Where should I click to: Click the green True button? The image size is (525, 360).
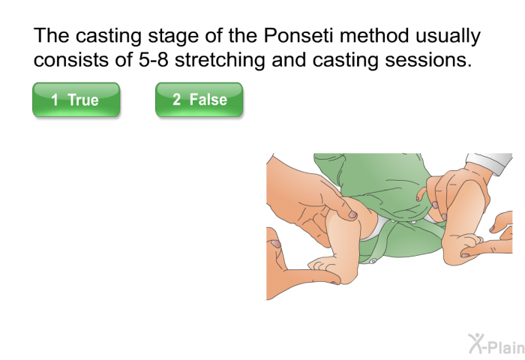pos(76,100)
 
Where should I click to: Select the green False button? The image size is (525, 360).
pos(199,100)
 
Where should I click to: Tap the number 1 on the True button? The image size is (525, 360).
pos(55,100)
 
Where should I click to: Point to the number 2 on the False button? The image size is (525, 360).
pos(176,99)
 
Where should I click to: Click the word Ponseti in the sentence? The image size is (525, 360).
pos(298,35)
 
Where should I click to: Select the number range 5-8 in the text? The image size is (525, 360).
pos(153,60)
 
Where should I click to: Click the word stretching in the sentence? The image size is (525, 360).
pos(220,61)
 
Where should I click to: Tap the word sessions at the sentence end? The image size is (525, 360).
pos(428,60)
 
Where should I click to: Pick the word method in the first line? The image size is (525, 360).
pos(374,35)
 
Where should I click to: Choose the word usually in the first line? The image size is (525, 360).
pos(448,37)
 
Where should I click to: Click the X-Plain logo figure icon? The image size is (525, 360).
pos(475,343)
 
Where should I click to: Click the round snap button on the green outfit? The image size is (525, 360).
pos(373,261)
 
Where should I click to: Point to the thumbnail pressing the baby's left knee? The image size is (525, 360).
pos(352,214)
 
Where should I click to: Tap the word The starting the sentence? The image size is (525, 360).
pos(51,35)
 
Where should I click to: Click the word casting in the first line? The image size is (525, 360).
pos(108,37)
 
